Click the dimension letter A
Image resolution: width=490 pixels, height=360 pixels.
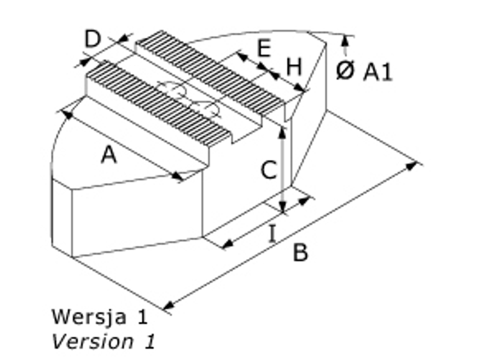click(109, 155)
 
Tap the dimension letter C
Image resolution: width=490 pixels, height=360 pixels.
click(268, 171)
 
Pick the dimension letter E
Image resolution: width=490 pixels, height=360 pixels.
click(264, 49)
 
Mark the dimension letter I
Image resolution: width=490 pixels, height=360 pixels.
click(272, 234)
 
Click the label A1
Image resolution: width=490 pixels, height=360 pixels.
click(378, 73)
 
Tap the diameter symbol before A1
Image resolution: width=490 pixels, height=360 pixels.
click(345, 72)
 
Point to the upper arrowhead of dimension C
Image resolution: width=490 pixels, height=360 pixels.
click(282, 130)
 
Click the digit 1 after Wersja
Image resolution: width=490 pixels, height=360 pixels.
click(142, 317)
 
